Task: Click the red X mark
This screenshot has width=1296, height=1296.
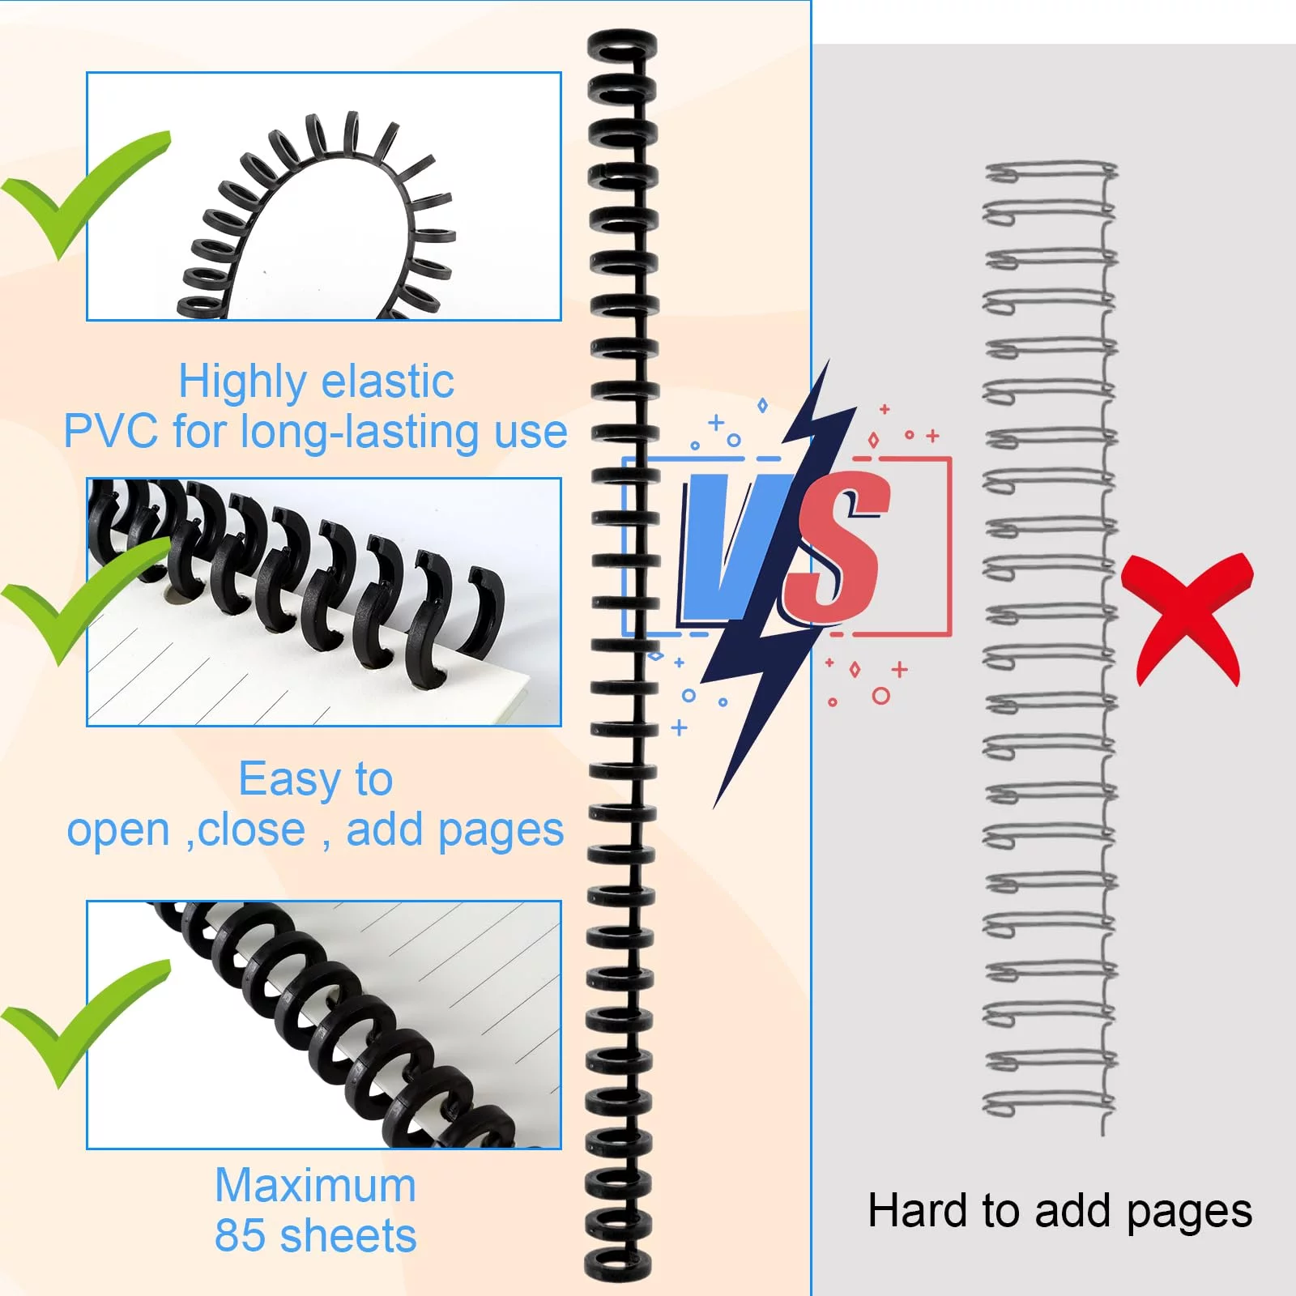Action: pyautogui.click(x=1187, y=617)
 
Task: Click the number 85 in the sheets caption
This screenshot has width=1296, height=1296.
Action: pyautogui.click(x=240, y=1236)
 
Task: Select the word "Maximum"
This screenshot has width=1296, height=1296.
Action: pyautogui.click(x=315, y=1186)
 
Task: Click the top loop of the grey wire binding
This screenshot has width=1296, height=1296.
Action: pyautogui.click(x=1050, y=172)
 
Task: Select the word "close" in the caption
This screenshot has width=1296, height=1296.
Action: pyautogui.click(x=251, y=830)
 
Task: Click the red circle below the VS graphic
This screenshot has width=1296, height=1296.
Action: pyautogui.click(x=880, y=696)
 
